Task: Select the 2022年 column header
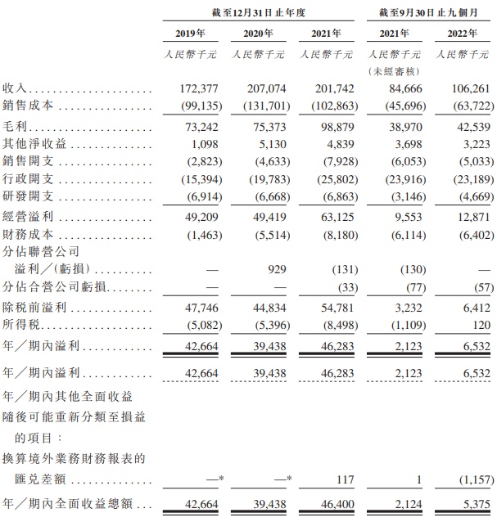pyautogui.click(x=462, y=34)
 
